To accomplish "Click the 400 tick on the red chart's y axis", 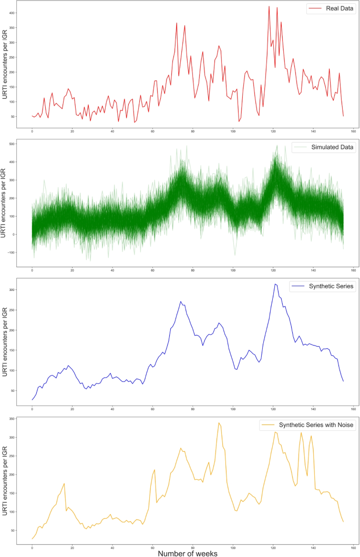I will [x=12, y=13].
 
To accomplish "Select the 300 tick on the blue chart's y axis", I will [x=12, y=290].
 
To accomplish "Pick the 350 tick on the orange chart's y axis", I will [x=12, y=419].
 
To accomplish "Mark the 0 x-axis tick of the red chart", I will [x=32, y=131].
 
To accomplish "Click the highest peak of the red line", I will [x=269, y=6].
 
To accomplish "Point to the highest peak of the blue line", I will [x=275, y=284].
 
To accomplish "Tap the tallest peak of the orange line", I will [x=219, y=422].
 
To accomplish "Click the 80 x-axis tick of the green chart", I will [x=192, y=271].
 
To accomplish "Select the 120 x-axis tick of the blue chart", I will [x=273, y=409].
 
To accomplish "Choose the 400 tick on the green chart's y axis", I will [x=12, y=144].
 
